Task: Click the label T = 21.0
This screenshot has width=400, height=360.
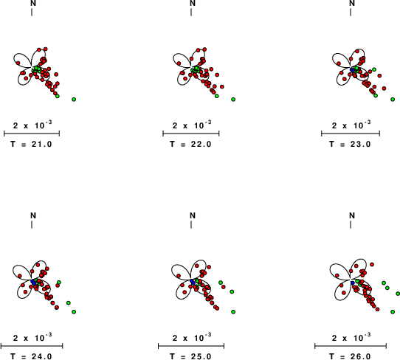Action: point(32,145)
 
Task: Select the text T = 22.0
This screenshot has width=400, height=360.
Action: point(191,145)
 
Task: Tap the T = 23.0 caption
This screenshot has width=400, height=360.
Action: point(350,145)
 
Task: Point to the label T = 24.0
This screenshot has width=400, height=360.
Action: point(32,356)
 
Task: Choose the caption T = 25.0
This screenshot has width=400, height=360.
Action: point(191,356)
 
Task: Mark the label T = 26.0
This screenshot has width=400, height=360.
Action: point(350,356)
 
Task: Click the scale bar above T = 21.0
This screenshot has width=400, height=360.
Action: point(32,134)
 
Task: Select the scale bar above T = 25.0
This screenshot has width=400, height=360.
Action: point(191,346)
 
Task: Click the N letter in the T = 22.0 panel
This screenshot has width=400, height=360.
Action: point(193,3)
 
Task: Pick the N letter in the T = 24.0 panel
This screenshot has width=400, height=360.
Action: point(33,215)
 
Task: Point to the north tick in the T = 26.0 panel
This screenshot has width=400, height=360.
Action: point(351,225)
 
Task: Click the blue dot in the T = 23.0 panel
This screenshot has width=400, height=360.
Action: point(352,69)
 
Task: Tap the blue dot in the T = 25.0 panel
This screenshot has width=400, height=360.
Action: point(193,281)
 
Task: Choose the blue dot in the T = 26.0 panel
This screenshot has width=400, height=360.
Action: point(353,283)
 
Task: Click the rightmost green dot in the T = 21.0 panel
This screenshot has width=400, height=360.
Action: point(74,100)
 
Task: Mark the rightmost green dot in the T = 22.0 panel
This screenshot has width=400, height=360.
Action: point(233,100)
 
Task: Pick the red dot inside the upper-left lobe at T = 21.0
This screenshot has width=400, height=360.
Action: point(18,63)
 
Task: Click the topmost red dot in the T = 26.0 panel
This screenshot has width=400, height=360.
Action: point(372,264)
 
